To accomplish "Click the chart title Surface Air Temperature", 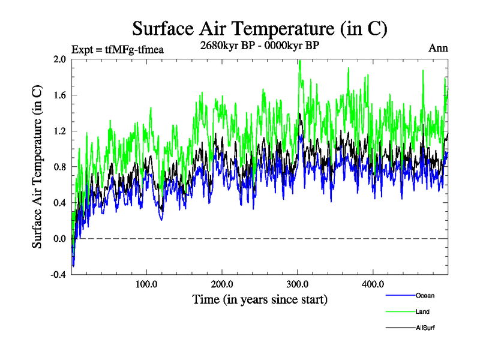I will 259,28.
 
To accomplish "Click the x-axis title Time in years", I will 260,299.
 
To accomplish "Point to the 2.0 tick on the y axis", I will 59,59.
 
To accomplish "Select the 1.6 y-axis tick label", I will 59,95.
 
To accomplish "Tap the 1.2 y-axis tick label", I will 59,131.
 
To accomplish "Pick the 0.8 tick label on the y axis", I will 59,167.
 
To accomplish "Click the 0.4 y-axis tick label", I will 59,203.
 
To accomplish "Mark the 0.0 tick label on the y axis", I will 59,239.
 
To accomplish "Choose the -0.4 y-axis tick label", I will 58,275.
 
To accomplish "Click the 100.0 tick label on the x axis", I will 146,284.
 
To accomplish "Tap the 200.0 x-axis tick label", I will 222,284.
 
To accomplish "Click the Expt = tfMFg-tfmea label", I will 117,50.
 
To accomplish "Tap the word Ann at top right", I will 438,48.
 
